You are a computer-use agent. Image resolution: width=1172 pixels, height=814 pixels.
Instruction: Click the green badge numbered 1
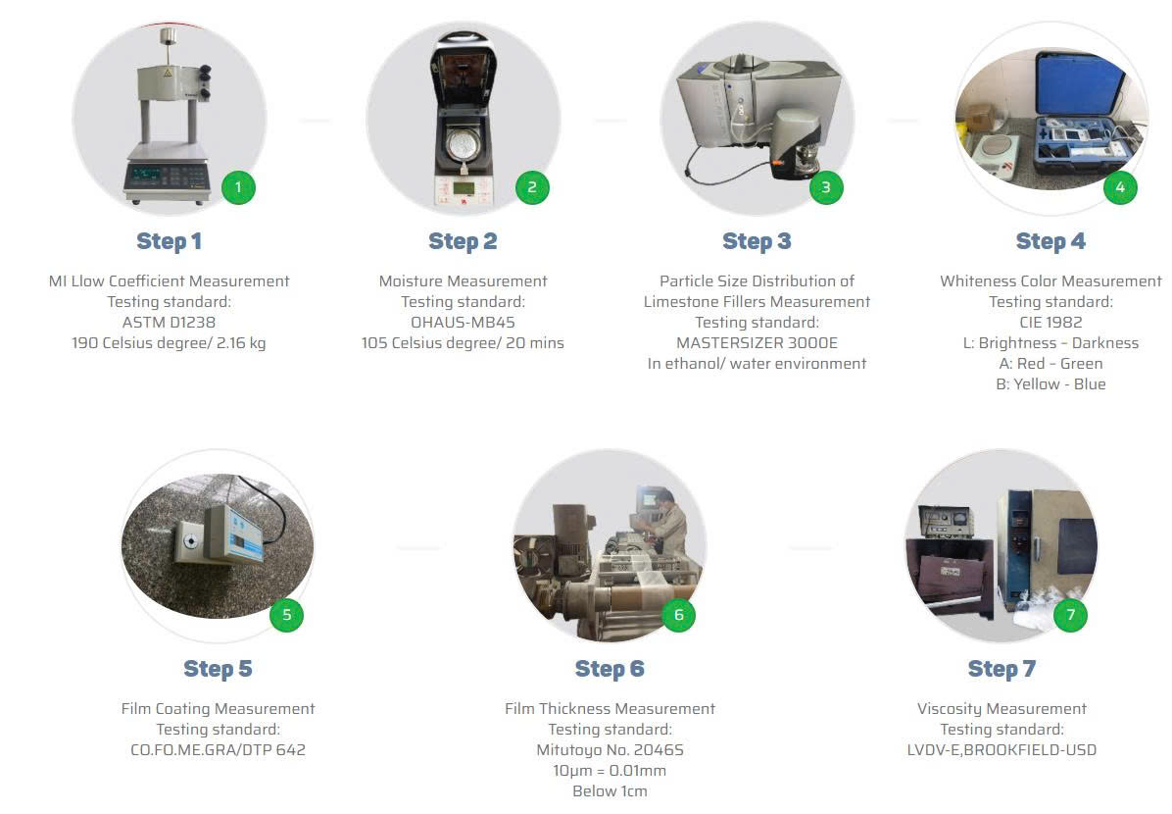[x=238, y=187]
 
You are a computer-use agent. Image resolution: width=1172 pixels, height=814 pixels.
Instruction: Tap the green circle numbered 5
[x=286, y=615]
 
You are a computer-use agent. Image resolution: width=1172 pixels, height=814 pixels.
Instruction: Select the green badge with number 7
[x=1070, y=615]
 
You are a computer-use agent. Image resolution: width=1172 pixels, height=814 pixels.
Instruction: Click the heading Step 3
[x=757, y=241]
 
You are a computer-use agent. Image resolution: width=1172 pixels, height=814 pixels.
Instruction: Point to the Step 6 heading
[x=610, y=669]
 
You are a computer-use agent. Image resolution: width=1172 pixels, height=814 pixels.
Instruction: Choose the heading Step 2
[x=463, y=241]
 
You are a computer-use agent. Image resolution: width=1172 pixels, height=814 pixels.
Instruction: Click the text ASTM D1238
[x=169, y=323]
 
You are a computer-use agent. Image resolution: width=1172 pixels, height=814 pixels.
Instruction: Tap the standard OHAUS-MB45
[x=463, y=323]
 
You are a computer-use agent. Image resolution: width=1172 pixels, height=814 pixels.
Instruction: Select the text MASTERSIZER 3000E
[x=757, y=342]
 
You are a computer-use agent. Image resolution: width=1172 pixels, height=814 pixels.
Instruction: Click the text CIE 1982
[x=1050, y=323]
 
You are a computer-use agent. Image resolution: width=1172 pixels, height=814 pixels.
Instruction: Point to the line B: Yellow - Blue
[x=1050, y=383]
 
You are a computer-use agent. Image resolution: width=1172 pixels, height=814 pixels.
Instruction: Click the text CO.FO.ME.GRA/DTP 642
[x=219, y=749]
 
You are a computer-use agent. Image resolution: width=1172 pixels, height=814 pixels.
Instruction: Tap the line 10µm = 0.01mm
[x=610, y=771]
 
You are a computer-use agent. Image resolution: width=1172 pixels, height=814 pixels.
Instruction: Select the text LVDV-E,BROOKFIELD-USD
[x=1001, y=749]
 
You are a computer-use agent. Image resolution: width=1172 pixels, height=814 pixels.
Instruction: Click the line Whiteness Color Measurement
[x=1050, y=281]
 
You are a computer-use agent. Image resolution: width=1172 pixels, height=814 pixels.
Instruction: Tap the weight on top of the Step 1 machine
[x=169, y=35]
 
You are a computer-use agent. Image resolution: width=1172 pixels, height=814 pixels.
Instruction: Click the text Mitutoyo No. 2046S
[x=610, y=749]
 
